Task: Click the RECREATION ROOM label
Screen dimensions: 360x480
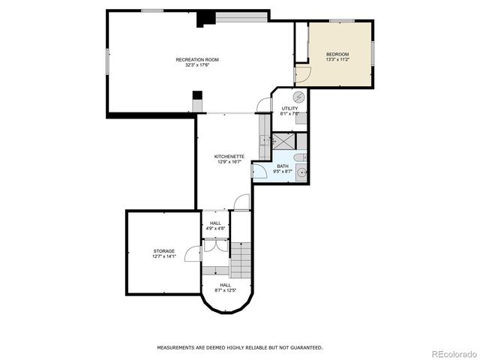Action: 197,59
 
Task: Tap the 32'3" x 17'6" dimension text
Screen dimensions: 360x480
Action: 197,65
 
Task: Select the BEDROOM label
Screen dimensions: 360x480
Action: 337,54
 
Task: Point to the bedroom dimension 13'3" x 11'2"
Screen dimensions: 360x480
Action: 337,60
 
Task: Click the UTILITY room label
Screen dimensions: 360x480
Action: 289,109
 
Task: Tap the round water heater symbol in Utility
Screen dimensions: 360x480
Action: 298,97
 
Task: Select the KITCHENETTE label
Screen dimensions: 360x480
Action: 229,156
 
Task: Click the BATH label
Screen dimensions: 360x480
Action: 282,166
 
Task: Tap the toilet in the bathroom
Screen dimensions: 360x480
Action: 299,157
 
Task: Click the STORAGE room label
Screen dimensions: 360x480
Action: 164,250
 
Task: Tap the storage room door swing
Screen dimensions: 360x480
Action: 193,253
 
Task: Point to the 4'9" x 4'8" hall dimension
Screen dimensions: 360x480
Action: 215,228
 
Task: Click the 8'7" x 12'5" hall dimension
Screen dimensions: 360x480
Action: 226,290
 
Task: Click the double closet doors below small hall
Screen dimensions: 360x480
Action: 214,245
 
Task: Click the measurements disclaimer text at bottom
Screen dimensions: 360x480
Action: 239,347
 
